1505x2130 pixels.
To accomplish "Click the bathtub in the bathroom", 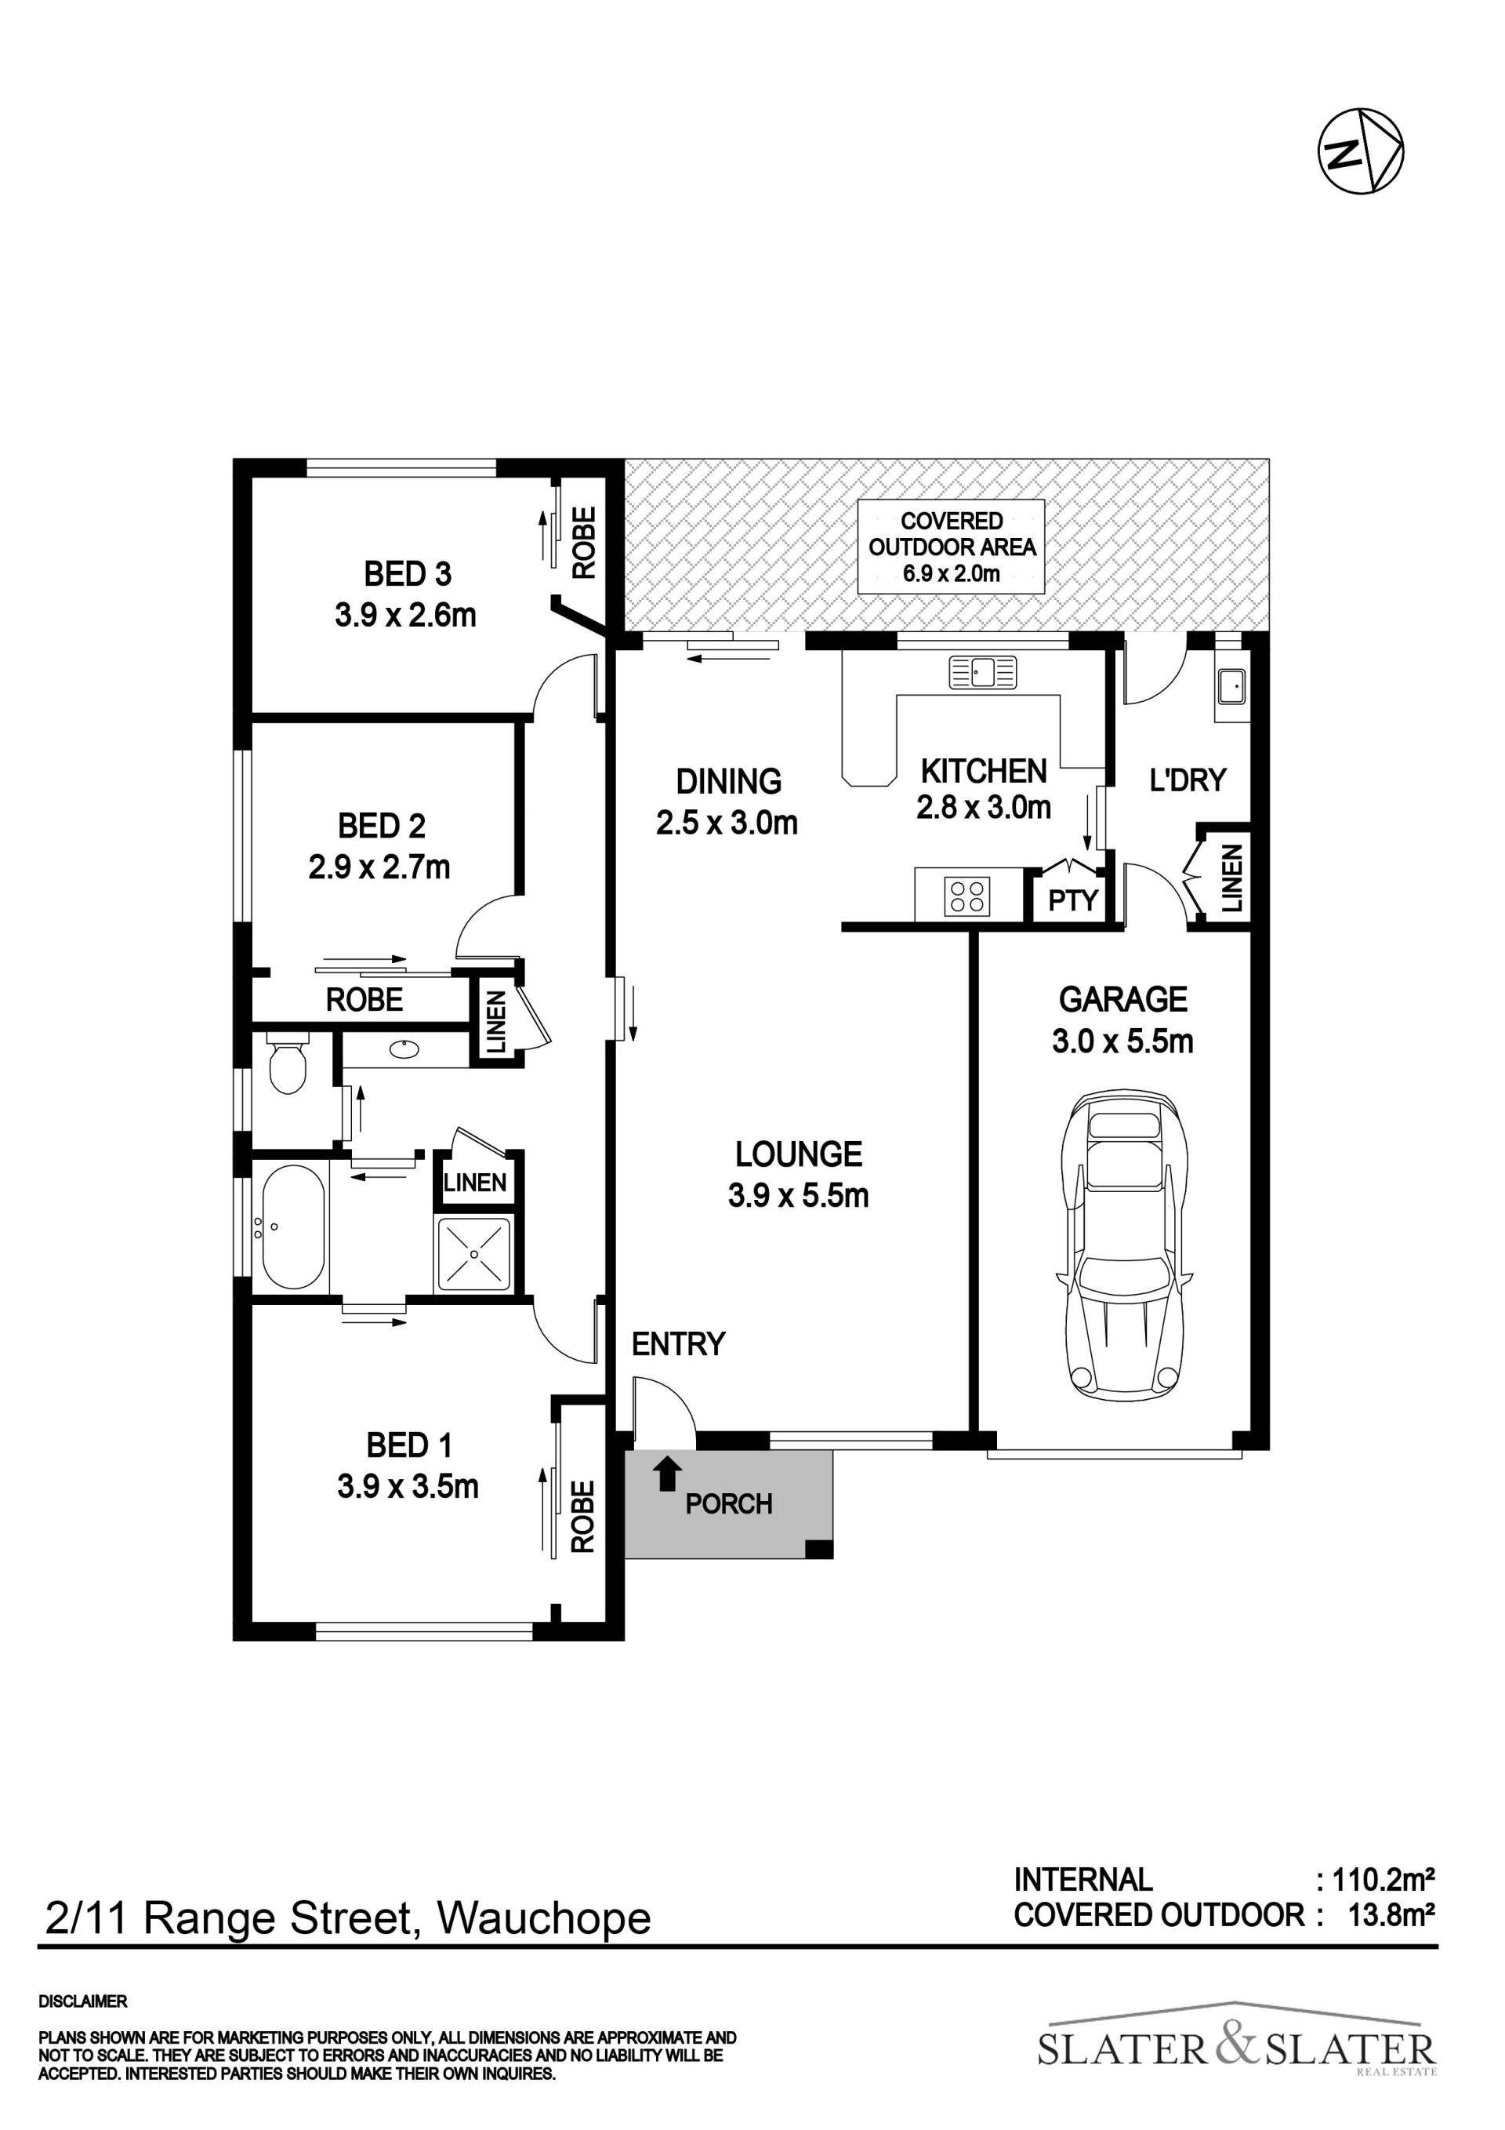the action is (x=294, y=1227).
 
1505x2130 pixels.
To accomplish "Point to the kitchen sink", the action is (x=983, y=671).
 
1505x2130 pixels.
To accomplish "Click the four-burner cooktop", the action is (x=967, y=896).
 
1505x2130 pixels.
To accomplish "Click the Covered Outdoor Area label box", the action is (x=952, y=547).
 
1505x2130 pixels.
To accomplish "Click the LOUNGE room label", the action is (x=799, y=1154).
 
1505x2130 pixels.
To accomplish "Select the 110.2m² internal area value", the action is (x=1384, y=1881).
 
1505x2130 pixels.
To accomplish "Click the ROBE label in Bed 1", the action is (x=582, y=1517).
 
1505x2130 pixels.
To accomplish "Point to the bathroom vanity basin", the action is (x=404, y=1050).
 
